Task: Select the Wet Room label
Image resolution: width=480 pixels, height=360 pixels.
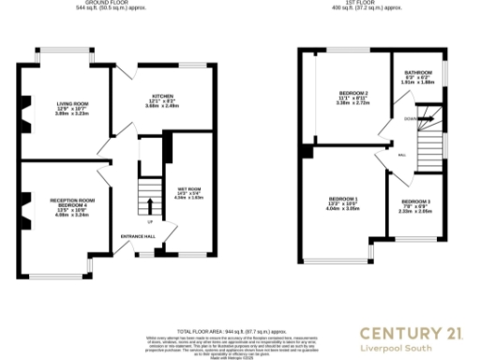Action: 189,193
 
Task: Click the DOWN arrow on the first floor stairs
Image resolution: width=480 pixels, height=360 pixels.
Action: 397,120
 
